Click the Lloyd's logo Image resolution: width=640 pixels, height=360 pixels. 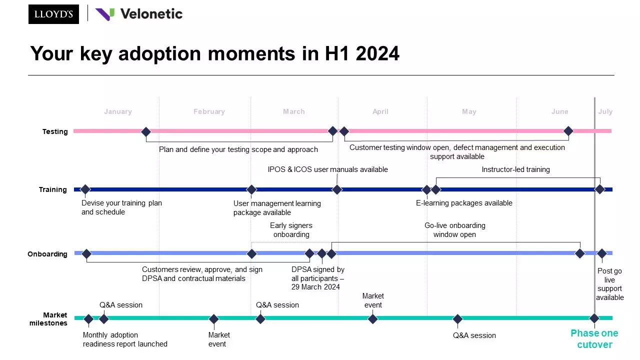(x=53, y=14)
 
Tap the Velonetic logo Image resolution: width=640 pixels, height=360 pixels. (x=139, y=14)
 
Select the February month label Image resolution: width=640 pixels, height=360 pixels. (x=209, y=111)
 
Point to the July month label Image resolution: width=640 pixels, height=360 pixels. (x=605, y=111)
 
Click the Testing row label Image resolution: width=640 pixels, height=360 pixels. (x=55, y=131)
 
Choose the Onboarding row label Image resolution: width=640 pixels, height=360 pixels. (x=47, y=254)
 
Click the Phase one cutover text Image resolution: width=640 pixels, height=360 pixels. (x=594, y=338)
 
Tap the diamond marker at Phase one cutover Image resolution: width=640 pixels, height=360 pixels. (x=594, y=318)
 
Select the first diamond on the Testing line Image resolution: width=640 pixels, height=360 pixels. (x=146, y=132)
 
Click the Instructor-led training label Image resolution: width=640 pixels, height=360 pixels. (x=515, y=169)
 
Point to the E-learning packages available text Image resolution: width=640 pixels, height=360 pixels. (x=464, y=203)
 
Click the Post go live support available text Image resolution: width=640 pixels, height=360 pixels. (x=609, y=284)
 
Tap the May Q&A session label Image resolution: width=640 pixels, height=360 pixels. (x=474, y=335)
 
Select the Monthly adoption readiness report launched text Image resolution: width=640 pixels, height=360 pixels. (x=125, y=339)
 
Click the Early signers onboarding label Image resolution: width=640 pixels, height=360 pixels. (x=291, y=230)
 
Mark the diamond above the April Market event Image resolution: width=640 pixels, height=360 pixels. (x=372, y=319)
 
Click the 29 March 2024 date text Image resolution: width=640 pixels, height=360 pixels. (x=315, y=287)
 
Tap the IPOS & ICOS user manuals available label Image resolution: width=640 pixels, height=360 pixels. (x=327, y=169)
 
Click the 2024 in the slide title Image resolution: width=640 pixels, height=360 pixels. (x=377, y=53)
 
